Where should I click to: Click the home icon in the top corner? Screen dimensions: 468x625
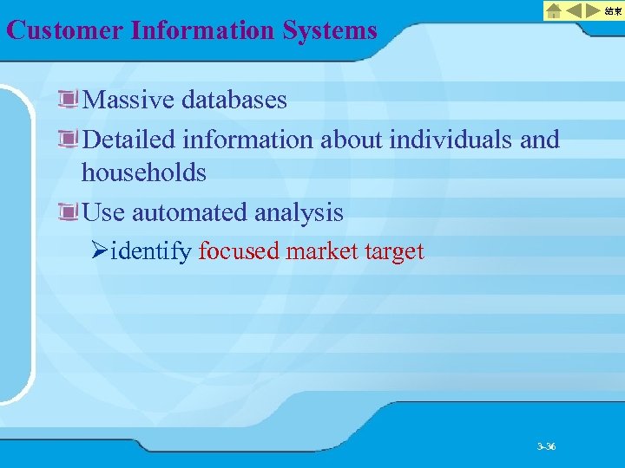coord(554,11)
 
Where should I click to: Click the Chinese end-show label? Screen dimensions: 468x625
coord(613,11)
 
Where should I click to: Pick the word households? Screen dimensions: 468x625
coord(143,172)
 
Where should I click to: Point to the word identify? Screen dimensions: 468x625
coord(152,252)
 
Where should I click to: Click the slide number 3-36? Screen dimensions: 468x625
coord(546,446)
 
